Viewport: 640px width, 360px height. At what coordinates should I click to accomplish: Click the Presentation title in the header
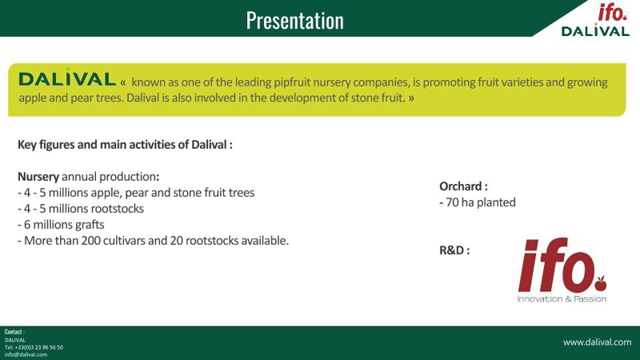pyautogui.click(x=294, y=21)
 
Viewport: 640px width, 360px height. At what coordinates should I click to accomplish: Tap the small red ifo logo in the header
pyautogui.click(x=612, y=12)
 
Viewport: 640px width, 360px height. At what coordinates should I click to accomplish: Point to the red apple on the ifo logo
pyautogui.click(x=601, y=283)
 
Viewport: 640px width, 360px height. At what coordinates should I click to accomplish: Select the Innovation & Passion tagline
pyautogui.click(x=562, y=298)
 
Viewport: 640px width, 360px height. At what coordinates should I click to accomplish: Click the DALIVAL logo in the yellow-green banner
pyautogui.click(x=67, y=78)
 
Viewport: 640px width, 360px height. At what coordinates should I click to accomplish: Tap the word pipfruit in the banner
pyautogui.click(x=292, y=82)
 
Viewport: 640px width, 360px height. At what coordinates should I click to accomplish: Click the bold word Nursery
pyautogui.click(x=38, y=177)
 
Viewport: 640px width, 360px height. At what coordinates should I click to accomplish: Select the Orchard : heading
pyautogui.click(x=463, y=186)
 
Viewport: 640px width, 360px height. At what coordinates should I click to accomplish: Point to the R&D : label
pyautogui.click(x=454, y=250)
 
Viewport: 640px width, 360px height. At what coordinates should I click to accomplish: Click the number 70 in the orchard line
pyautogui.click(x=452, y=202)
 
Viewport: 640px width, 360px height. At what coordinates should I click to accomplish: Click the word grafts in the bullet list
pyautogui.click(x=89, y=225)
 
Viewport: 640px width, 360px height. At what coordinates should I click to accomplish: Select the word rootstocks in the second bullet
pyautogui.click(x=117, y=209)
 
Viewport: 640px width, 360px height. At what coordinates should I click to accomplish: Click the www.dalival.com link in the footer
pyautogui.click(x=597, y=342)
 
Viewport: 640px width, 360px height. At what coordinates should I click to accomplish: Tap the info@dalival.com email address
pyautogui.click(x=26, y=354)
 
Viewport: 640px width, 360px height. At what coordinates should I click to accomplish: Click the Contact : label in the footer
pyautogui.click(x=14, y=332)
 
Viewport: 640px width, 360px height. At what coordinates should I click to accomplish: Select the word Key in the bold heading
pyautogui.click(x=27, y=145)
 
